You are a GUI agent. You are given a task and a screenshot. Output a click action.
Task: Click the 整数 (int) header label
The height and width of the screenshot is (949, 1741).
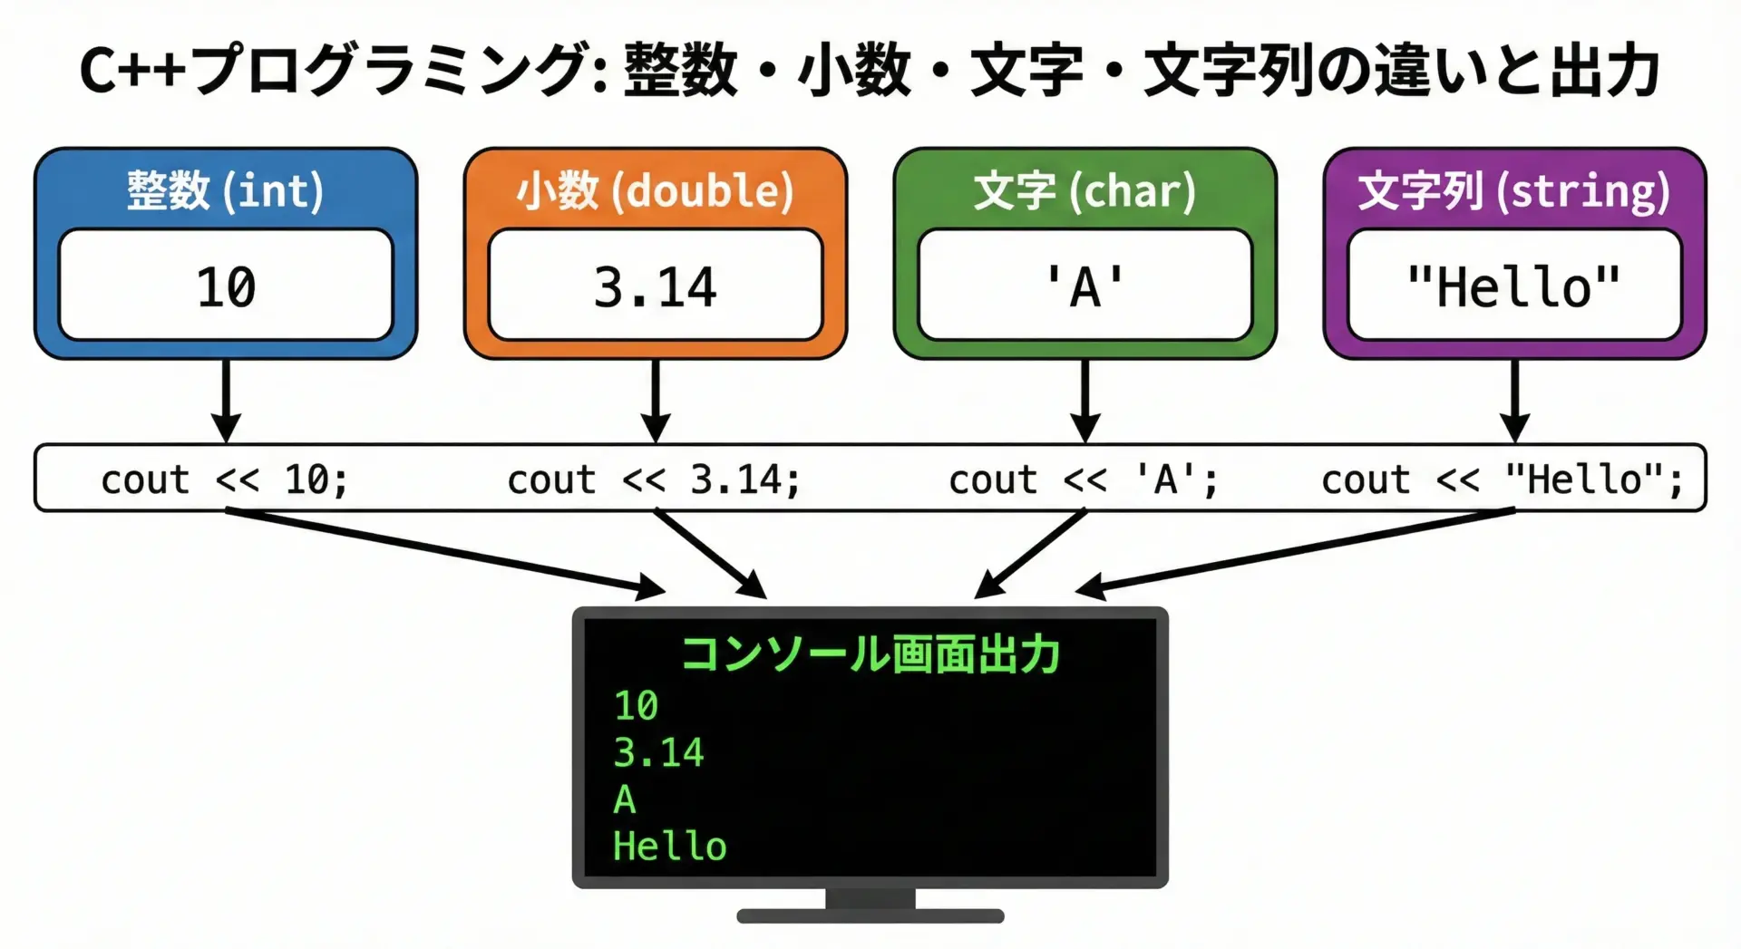[225, 191]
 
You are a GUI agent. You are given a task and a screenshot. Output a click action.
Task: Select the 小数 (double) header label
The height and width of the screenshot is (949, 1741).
[655, 191]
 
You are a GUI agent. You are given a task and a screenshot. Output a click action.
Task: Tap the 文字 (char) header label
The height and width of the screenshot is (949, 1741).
[1084, 191]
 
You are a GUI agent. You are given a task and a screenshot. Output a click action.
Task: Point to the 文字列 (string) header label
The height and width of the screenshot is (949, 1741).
[1514, 191]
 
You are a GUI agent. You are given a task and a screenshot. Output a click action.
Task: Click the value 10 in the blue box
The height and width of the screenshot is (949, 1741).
[226, 287]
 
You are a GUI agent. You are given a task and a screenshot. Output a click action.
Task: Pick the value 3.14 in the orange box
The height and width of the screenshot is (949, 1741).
[655, 287]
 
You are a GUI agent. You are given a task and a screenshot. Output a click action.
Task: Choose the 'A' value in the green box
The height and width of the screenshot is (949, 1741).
[1084, 287]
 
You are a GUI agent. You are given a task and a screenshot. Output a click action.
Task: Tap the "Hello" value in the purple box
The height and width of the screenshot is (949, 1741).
[1514, 287]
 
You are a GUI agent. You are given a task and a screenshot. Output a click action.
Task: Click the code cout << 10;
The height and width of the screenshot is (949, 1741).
[224, 479]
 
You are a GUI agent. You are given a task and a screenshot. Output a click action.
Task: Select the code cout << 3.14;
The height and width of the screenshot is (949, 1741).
[654, 479]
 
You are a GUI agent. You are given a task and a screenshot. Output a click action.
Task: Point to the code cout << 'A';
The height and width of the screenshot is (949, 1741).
[1084, 479]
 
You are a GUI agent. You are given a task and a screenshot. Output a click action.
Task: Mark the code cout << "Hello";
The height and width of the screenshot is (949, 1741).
[1502, 479]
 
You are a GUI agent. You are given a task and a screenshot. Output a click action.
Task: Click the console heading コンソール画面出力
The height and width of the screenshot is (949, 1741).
[870, 654]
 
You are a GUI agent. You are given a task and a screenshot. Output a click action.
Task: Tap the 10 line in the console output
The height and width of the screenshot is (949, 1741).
[636, 705]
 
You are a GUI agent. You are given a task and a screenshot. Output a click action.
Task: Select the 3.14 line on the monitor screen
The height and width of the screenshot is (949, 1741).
[658, 752]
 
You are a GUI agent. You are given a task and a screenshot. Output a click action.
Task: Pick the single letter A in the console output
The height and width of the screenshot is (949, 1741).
[625, 799]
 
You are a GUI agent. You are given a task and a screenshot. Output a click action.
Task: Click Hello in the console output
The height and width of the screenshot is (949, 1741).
[669, 847]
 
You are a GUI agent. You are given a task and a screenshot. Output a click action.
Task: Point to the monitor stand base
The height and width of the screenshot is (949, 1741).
[870, 915]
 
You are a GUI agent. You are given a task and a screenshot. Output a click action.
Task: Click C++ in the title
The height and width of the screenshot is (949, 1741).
[132, 71]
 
